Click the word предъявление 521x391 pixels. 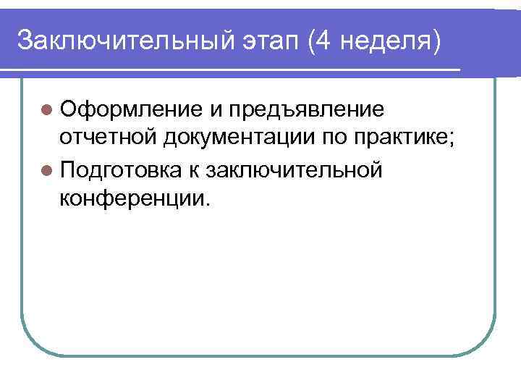[x=305, y=111]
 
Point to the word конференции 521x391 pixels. [x=133, y=197]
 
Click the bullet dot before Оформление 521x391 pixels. [x=47, y=110]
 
